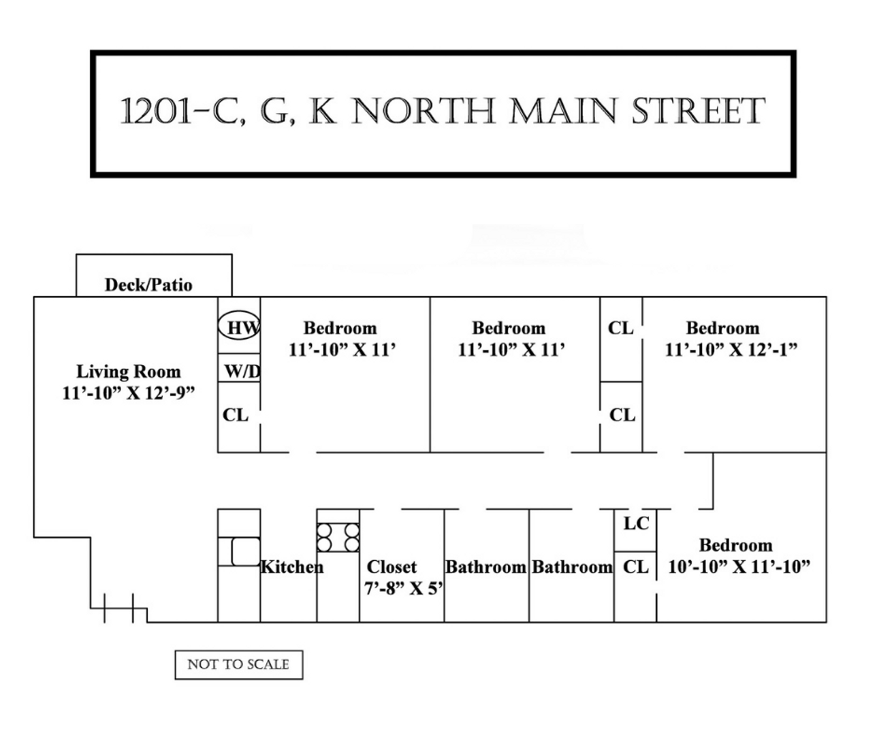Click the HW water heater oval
click(x=239, y=327)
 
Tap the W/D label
click(x=242, y=372)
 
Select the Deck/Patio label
click(x=148, y=284)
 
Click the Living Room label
click(x=128, y=372)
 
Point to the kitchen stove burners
click(x=338, y=536)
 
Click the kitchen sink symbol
click(x=244, y=551)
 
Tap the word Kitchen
click(x=291, y=566)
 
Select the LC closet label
click(x=636, y=523)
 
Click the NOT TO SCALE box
click(x=238, y=664)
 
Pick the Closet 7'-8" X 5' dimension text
click(x=404, y=588)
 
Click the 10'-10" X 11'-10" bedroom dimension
click(x=739, y=566)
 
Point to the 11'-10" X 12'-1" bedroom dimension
click(x=731, y=350)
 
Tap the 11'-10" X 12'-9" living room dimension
click(x=128, y=393)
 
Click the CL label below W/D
click(x=236, y=414)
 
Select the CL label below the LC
click(x=636, y=566)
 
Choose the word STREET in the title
click(x=698, y=112)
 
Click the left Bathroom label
click(x=485, y=566)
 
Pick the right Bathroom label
click(x=572, y=566)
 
